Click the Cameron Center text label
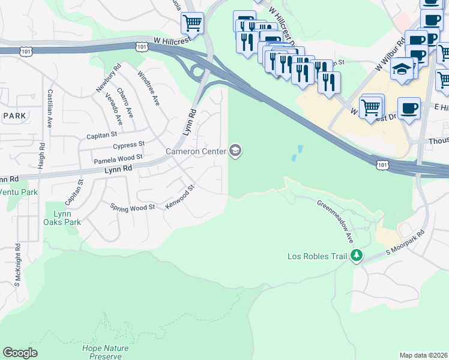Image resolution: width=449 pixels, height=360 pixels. [196, 151]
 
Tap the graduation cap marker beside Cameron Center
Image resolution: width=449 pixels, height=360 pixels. [235, 151]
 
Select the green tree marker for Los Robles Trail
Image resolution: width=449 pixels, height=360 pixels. [357, 256]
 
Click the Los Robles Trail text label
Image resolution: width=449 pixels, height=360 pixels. [318, 256]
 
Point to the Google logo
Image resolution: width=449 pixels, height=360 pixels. [20, 353]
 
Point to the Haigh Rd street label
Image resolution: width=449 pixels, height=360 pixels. [41, 155]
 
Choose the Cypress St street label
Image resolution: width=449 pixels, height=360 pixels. [129, 145]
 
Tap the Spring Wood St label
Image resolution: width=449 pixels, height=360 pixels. [133, 207]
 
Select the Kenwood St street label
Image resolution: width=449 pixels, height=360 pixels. [181, 196]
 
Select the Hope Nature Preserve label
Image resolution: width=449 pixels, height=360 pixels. [106, 351]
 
